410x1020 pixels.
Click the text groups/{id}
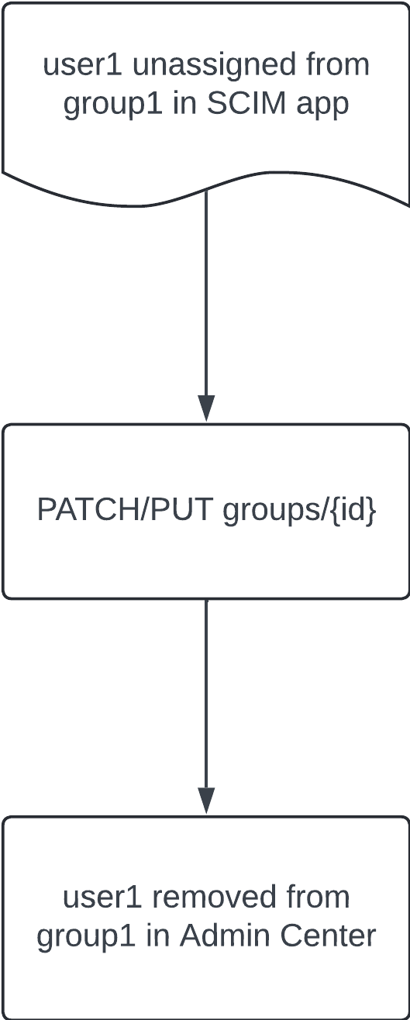(299, 511)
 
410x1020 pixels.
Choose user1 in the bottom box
(102, 898)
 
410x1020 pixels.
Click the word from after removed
(318, 897)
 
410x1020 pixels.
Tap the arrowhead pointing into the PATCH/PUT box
(206, 408)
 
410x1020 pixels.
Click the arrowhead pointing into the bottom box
(206, 800)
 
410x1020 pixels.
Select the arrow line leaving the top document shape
(206, 306)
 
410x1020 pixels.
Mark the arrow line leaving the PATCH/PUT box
(206, 706)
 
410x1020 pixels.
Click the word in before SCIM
(185, 104)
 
